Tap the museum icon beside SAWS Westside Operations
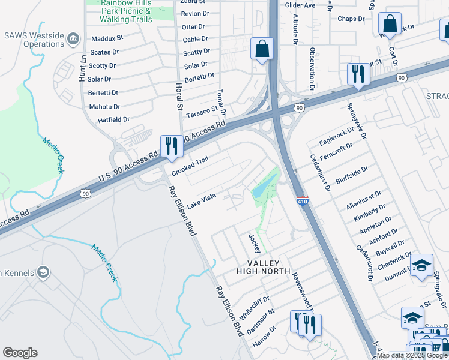tap(74, 38)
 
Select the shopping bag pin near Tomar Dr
tap(262, 50)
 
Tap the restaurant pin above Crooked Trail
tap(172, 146)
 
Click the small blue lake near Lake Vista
tap(261, 191)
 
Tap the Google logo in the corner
tap(20, 353)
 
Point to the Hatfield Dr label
tap(113, 120)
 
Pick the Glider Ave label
tap(301, 5)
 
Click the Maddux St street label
tap(107, 37)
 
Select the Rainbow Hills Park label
tap(119, 11)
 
